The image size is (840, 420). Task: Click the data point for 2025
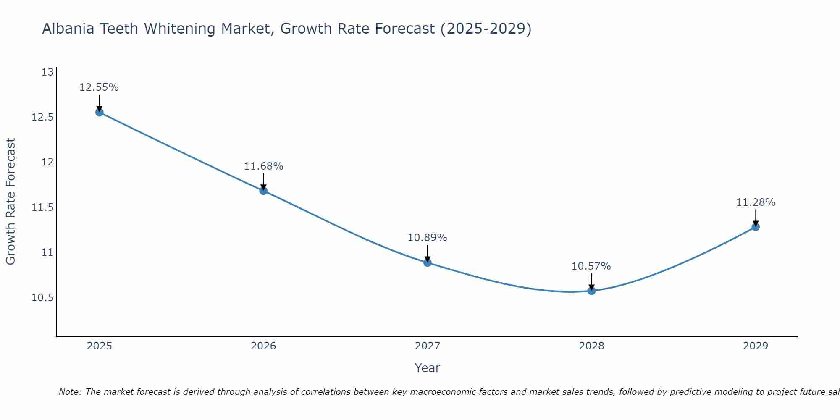tap(100, 112)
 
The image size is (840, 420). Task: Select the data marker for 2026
tap(263, 191)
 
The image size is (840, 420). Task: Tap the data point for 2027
tap(428, 262)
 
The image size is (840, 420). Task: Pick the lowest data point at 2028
tap(591, 291)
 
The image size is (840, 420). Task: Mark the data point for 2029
tap(756, 227)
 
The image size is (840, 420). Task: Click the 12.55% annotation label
tap(99, 87)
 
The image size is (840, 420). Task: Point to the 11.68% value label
tap(263, 166)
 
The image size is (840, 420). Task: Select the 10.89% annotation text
tap(428, 238)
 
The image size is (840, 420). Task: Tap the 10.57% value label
tap(591, 266)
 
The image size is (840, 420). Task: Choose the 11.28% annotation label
tap(756, 202)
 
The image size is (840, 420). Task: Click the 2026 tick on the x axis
tap(263, 346)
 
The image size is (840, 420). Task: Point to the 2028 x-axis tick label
tap(591, 346)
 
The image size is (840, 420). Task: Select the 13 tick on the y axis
tap(48, 72)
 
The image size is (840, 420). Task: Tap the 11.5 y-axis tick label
tap(43, 207)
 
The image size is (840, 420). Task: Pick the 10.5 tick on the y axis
tap(43, 298)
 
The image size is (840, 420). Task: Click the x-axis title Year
tap(428, 368)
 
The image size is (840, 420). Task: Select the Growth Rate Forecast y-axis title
tap(10, 202)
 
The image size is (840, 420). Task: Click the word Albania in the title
tap(69, 29)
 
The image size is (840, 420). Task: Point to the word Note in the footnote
tap(70, 392)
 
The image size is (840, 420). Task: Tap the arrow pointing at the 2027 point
tap(428, 253)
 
